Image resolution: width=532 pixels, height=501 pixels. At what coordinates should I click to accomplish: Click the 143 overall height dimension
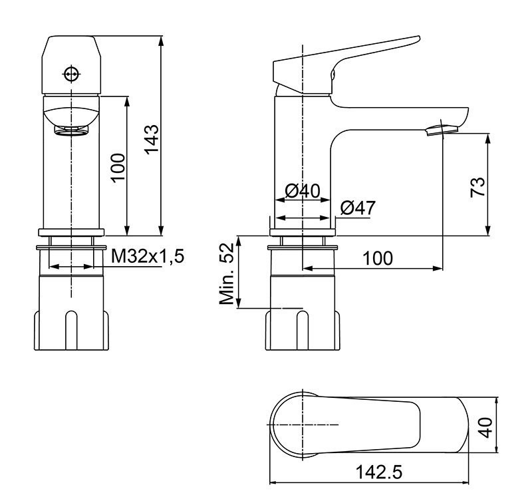(152, 139)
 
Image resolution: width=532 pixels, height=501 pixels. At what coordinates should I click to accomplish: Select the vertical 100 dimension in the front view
(117, 168)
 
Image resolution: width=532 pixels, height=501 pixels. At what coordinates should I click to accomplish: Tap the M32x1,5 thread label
(147, 256)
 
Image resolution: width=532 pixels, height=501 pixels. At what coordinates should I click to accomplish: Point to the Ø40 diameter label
(303, 192)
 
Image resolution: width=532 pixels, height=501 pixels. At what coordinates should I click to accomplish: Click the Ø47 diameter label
(357, 208)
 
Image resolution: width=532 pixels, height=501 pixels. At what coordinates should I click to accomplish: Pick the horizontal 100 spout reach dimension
(377, 257)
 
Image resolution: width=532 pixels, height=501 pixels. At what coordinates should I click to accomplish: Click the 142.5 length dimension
(380, 472)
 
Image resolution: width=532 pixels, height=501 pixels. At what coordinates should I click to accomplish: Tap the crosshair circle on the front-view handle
(70, 73)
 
